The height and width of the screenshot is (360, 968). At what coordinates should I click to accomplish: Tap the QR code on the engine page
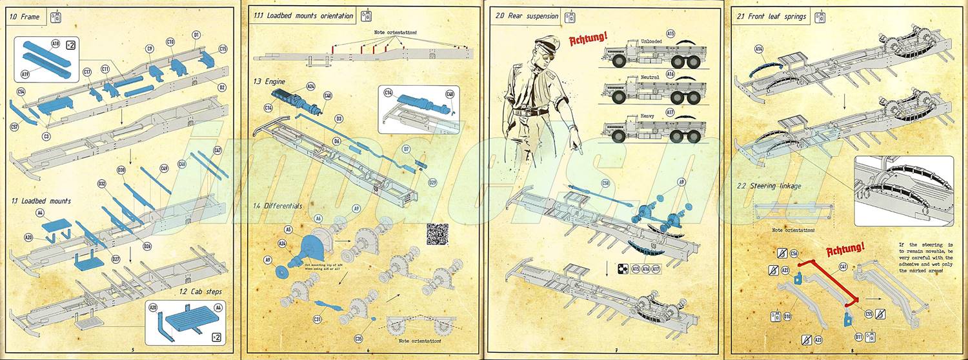point(437,233)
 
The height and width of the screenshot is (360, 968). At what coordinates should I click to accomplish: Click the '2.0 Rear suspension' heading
point(524,16)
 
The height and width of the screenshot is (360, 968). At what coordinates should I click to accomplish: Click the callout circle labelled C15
point(223,48)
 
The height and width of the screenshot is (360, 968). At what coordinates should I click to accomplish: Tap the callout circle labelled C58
point(605,183)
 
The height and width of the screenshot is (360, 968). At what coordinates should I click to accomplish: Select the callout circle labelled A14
point(759,48)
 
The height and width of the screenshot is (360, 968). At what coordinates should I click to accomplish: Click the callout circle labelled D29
point(433,182)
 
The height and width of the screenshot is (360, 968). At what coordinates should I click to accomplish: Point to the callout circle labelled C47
point(217,150)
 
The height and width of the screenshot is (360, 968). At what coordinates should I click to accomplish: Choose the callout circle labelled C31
point(318,319)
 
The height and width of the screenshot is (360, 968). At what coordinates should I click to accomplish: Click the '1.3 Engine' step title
point(270,82)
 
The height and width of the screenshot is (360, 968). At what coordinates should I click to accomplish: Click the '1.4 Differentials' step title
point(277,206)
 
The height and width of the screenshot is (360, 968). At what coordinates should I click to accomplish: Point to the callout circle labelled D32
point(101,184)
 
